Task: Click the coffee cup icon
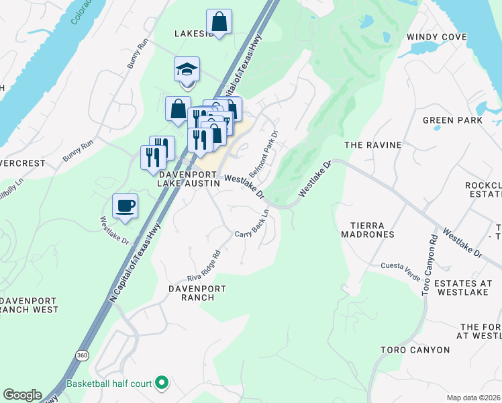coord(125,205)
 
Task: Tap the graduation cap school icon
coord(187,69)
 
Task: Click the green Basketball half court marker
coord(162,384)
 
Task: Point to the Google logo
coord(22,395)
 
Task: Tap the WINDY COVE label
coord(436,37)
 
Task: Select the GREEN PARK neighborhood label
coord(452,120)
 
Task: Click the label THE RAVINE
coord(372,144)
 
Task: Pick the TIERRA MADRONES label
coord(366,229)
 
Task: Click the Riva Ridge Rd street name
coord(204,265)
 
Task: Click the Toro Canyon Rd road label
coord(430,263)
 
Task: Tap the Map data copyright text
coord(474,398)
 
